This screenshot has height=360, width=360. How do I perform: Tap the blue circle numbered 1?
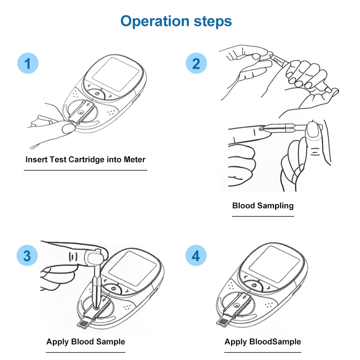point(28,64)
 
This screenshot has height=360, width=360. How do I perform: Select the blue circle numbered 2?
point(196,64)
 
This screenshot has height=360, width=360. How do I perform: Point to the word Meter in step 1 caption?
point(134,159)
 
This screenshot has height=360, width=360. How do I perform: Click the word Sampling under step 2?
point(276,206)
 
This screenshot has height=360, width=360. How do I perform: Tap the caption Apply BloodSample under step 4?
point(263,342)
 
